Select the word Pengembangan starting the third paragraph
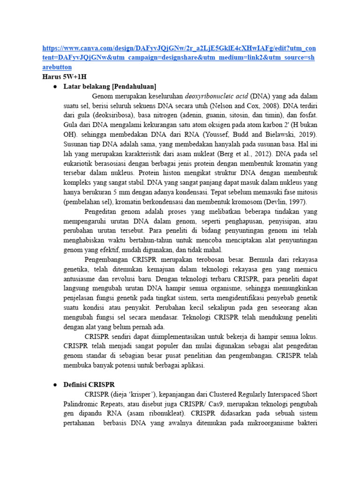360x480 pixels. [x=107, y=259]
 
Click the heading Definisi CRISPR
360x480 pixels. [x=89, y=384]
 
